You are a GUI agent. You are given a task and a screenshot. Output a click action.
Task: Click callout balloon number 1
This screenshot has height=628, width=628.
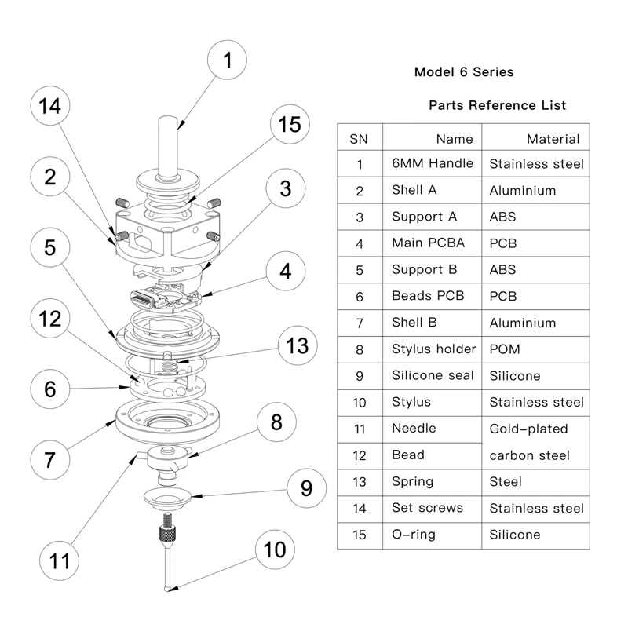[x=227, y=61]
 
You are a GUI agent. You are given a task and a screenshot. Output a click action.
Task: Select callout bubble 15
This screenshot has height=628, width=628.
[x=290, y=124]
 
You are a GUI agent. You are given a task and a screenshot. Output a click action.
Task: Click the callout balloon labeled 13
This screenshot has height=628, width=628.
[x=297, y=345]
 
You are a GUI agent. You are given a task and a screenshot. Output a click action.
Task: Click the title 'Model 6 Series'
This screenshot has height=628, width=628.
[x=463, y=72]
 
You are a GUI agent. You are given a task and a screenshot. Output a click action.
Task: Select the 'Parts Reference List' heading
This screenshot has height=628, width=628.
[x=497, y=105]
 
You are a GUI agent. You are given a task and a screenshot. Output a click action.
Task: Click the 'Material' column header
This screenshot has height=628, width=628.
[x=553, y=139]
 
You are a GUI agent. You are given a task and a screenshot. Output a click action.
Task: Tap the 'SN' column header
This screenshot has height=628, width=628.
[x=359, y=139]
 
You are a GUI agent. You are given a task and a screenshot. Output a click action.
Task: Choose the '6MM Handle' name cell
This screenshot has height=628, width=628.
[x=432, y=164]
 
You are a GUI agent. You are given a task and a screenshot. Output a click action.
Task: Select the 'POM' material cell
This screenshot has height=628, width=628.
[x=504, y=349]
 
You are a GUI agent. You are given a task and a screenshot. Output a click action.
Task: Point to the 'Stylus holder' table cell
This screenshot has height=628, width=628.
[x=433, y=349]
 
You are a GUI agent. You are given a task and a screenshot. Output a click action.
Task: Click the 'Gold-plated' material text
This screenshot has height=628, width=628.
[x=528, y=429]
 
